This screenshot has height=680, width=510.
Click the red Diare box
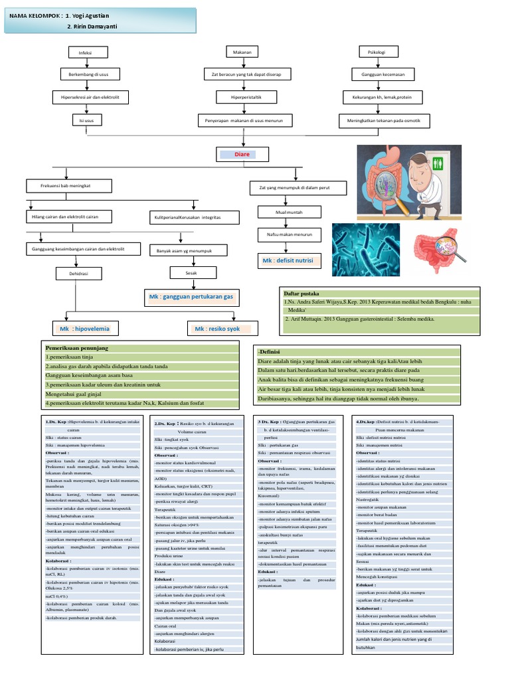[x=244, y=155]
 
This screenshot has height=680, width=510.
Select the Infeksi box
[x=84, y=52]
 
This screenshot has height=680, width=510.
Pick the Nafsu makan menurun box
[x=284, y=234]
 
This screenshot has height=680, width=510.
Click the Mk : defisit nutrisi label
[x=287, y=261]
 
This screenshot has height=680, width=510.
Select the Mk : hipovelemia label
[x=85, y=328]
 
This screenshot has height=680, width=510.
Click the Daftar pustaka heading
[x=301, y=293]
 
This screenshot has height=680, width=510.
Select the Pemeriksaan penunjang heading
[x=76, y=348]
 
